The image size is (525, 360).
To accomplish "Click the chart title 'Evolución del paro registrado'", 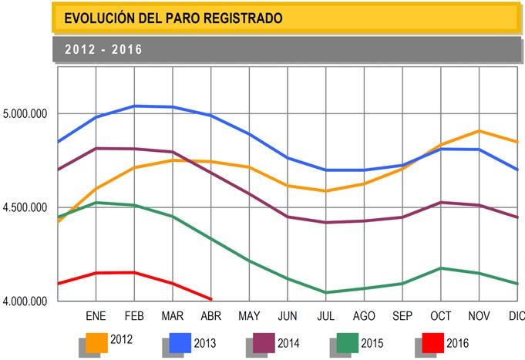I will [x=173, y=17].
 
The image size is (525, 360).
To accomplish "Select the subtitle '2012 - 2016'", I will [x=104, y=49].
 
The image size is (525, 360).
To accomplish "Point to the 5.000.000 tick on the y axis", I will [x=25, y=114].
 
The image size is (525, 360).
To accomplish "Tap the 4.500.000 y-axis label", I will [x=25, y=207].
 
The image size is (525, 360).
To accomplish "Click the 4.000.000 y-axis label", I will [x=25, y=301].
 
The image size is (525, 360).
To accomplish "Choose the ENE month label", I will [x=96, y=316].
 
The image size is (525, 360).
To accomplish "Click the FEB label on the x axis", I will [x=134, y=316].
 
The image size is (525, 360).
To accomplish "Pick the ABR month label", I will [x=210, y=316].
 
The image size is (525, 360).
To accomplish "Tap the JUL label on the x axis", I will [x=325, y=316].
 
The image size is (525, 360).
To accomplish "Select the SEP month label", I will [x=402, y=316].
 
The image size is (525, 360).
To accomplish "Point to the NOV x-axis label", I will [x=479, y=316].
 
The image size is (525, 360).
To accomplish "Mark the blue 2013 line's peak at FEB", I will [x=135, y=106].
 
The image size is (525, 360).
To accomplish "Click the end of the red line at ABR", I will [x=210, y=299].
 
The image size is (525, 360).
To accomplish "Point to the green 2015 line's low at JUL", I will [x=325, y=292].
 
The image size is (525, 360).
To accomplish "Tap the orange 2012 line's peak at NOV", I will [x=479, y=131].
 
